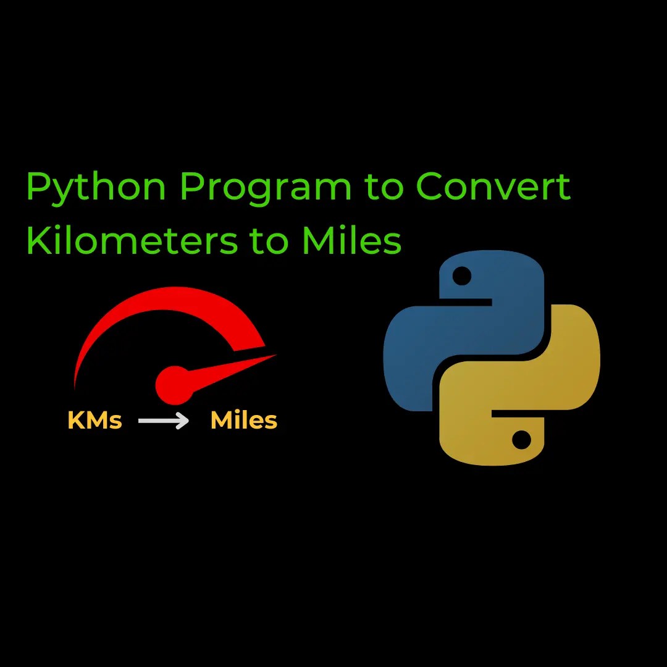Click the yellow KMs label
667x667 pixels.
94,421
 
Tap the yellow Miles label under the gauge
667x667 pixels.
244,421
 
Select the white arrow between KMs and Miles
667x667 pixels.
164,421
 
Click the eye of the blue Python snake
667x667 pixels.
461,276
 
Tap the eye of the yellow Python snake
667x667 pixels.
522,440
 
